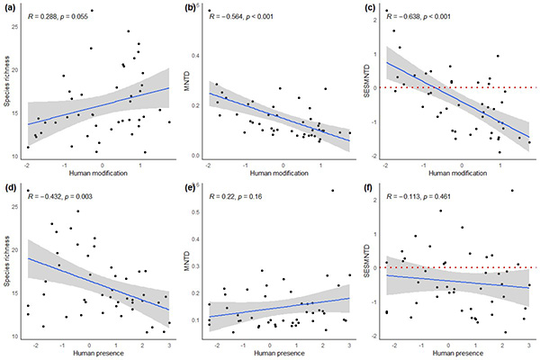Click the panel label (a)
coord(8,8)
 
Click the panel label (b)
coord(188,8)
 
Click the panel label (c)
coord(368,8)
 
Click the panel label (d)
coord(8,188)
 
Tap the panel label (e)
coord(188,188)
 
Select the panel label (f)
coord(368,188)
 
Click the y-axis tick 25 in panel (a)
coord(17,27)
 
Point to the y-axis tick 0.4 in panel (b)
coord(198,56)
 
